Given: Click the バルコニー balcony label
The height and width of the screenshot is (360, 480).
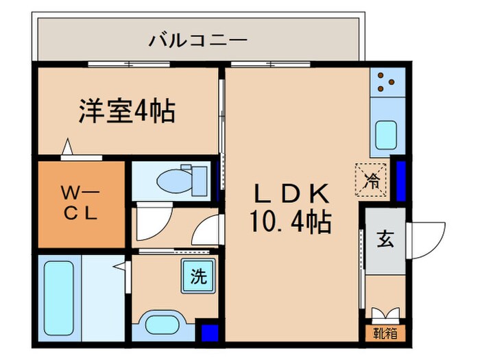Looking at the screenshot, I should [x=197, y=40].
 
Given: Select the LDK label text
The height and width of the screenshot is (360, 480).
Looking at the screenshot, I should [x=293, y=193].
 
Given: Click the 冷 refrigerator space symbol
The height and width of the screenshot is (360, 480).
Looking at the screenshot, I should [x=371, y=182].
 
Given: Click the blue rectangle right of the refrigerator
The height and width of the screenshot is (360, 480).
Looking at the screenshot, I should [x=400, y=180].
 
